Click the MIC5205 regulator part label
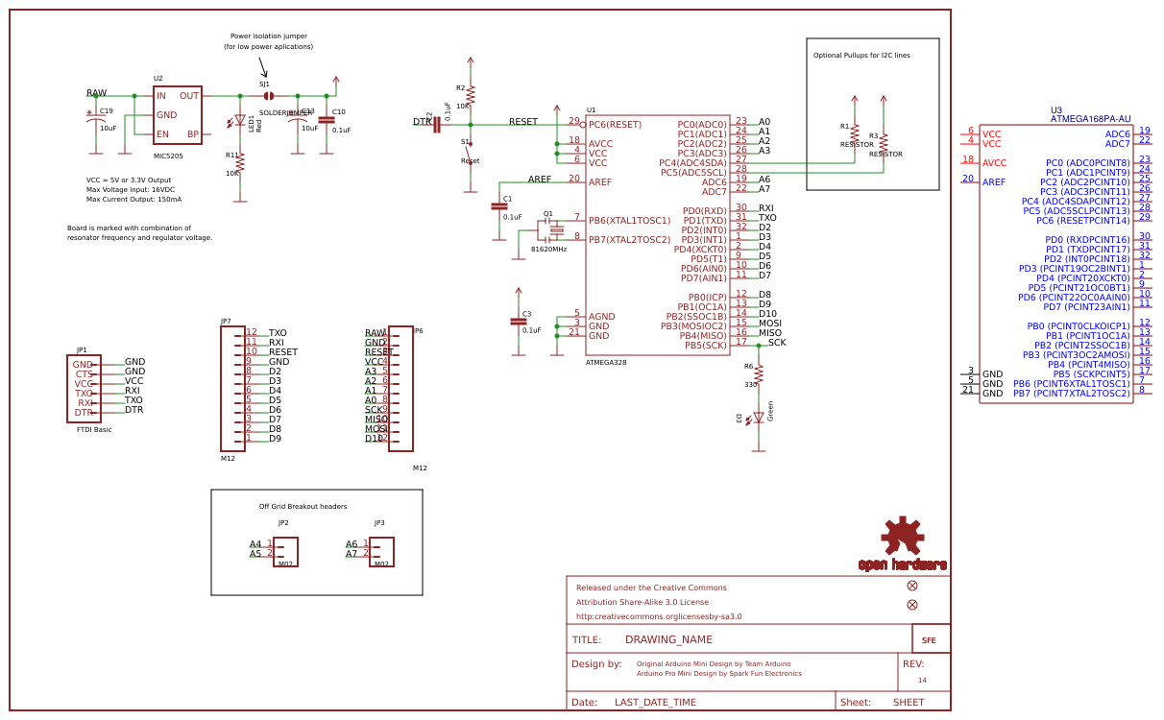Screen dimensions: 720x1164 click(168, 155)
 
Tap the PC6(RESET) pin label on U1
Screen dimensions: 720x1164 click(615, 125)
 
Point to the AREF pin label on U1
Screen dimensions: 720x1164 click(600, 182)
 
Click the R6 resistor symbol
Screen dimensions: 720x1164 click(759, 374)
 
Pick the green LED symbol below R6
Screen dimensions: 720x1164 click(758, 418)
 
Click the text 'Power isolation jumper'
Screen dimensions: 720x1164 click(269, 36)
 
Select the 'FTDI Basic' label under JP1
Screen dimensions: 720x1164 click(94, 430)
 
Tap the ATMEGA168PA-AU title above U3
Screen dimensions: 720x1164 click(1090, 119)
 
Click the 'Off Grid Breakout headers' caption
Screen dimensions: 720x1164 click(303, 507)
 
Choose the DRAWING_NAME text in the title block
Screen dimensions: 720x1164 click(668, 639)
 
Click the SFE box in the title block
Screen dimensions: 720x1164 click(930, 639)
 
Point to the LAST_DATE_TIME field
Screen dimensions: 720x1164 click(655, 703)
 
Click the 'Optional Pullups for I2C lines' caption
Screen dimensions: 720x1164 click(861, 56)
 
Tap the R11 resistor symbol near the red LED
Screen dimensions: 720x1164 click(240, 165)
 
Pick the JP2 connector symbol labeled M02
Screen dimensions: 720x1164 click(285, 552)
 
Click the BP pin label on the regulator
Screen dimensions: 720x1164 click(192, 134)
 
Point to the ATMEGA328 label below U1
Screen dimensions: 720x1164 click(606, 363)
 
